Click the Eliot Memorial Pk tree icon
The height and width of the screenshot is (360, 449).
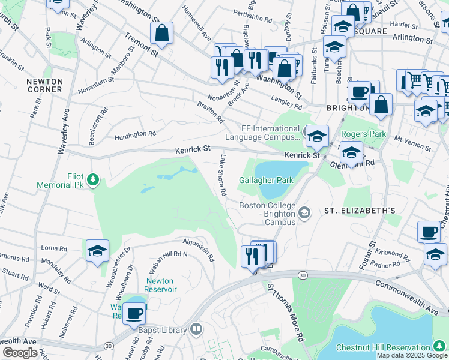[x=93, y=179]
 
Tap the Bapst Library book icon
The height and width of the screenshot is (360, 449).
[x=196, y=329]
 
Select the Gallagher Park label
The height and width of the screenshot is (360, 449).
[x=265, y=180]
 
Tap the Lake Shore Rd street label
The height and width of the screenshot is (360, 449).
[x=223, y=176]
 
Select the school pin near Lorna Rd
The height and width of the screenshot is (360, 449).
[x=97, y=251]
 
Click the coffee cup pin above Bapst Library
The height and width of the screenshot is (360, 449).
[x=134, y=313]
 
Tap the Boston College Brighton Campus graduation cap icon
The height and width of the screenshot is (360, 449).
[x=305, y=212]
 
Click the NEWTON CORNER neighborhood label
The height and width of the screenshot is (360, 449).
[x=44, y=85]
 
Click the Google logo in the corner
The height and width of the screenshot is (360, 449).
[x=20, y=353]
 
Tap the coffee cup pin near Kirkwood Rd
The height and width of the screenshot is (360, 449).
[x=429, y=232]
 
